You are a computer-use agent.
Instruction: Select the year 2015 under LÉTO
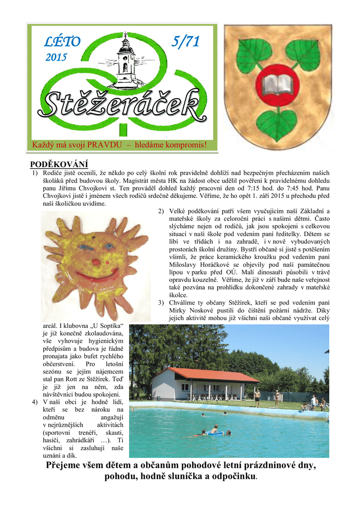point(56,58)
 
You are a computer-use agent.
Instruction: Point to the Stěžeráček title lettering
point(124,104)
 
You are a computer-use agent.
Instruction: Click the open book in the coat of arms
point(278,85)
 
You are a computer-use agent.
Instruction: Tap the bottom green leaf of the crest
point(278,125)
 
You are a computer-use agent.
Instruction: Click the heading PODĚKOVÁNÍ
point(59,164)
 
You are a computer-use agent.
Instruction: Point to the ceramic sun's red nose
point(95,261)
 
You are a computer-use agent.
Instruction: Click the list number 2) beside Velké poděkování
point(161,211)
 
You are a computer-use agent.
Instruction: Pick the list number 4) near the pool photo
point(34,401)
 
